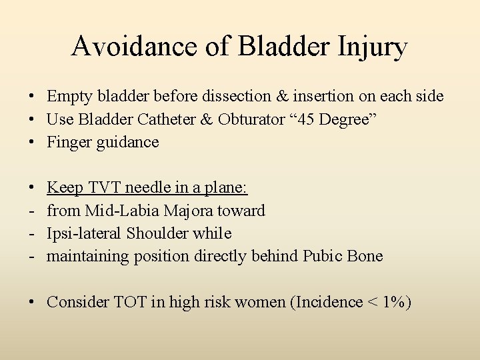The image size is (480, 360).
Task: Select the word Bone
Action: pyautogui.click(x=367, y=257)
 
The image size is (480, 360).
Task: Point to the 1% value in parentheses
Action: pyautogui.click(x=392, y=303)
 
